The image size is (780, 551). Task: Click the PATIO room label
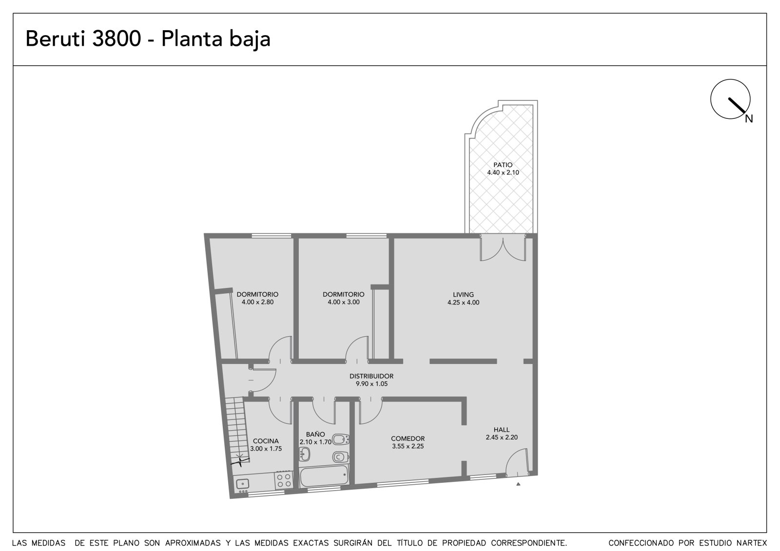click(x=503, y=165)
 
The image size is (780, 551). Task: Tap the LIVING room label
click(x=463, y=294)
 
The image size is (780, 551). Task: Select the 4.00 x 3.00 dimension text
click(x=343, y=302)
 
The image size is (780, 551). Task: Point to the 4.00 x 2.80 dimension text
click(x=257, y=302)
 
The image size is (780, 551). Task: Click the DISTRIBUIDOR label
click(x=371, y=376)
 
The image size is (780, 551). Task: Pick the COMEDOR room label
click(x=408, y=438)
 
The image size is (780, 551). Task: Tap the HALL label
click(x=502, y=430)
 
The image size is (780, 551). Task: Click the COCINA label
click(x=266, y=441)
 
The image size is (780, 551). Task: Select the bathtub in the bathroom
click(x=324, y=476)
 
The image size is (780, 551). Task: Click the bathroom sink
click(x=305, y=454)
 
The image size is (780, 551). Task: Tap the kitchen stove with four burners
click(x=283, y=480)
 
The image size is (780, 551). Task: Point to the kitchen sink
click(x=242, y=484)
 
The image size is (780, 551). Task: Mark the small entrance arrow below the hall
click(x=518, y=484)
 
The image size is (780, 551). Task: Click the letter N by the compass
click(x=749, y=119)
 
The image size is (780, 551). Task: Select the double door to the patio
click(x=503, y=248)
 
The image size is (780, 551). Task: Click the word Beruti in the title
click(x=56, y=38)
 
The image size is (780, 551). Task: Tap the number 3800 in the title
click(x=117, y=38)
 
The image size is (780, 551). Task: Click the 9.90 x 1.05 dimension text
click(x=371, y=384)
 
